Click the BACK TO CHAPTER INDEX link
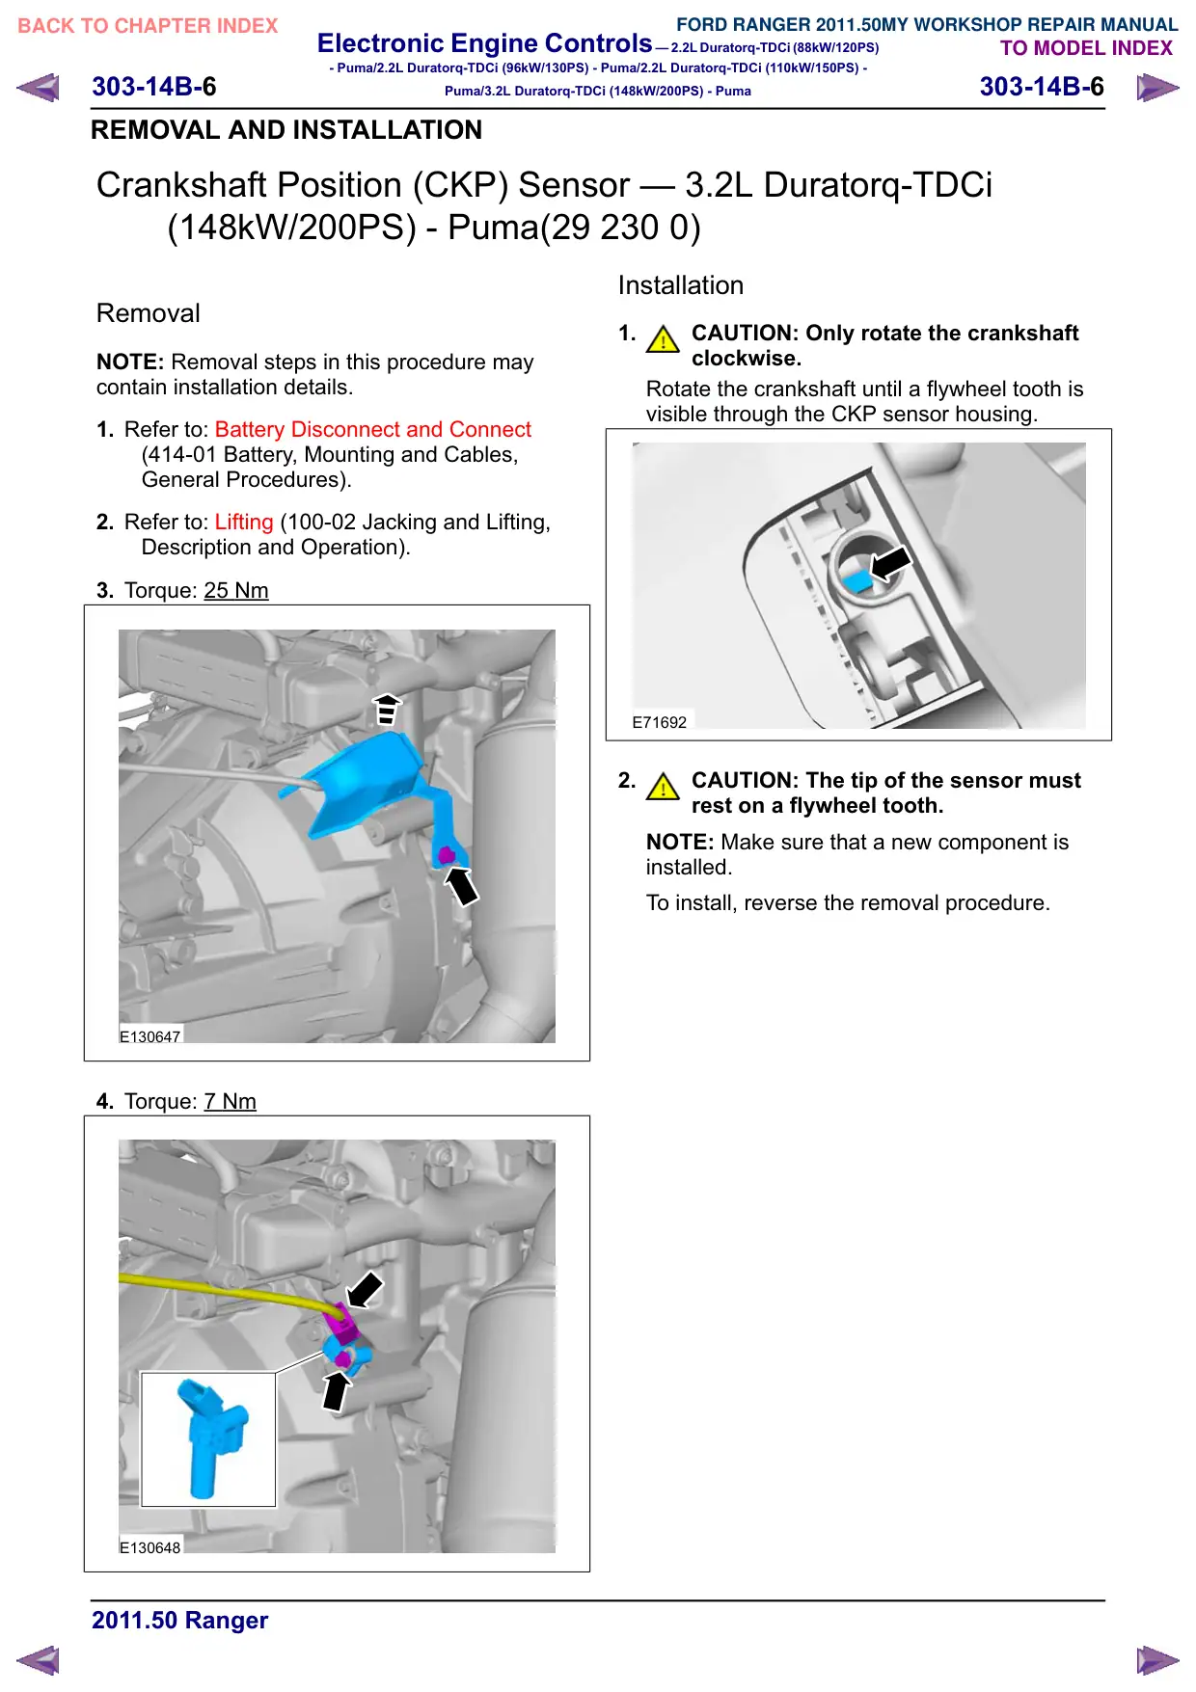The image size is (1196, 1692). click(x=148, y=26)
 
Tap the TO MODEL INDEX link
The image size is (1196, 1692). click(x=1086, y=48)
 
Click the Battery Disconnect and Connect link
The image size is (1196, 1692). click(x=372, y=429)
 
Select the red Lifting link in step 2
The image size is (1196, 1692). click(x=244, y=522)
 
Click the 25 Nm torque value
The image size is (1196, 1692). click(x=236, y=590)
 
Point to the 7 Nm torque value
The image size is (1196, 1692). click(x=230, y=1101)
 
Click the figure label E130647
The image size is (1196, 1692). click(x=149, y=1036)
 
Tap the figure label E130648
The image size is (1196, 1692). click(x=149, y=1547)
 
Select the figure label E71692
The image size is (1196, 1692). click(x=660, y=722)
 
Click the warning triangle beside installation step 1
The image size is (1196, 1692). click(x=663, y=339)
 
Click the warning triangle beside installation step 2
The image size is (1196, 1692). click(x=663, y=787)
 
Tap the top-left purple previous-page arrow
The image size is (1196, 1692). click(x=38, y=88)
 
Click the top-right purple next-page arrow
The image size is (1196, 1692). click(x=1157, y=88)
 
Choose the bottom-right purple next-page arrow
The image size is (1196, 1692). click(x=1157, y=1660)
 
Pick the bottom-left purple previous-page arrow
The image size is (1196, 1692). click(x=38, y=1660)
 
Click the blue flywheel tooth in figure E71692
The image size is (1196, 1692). click(x=857, y=579)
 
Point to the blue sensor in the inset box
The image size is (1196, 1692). click(x=211, y=1437)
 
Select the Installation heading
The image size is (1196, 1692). click(x=681, y=285)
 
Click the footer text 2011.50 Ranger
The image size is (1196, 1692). click(x=180, y=1621)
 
